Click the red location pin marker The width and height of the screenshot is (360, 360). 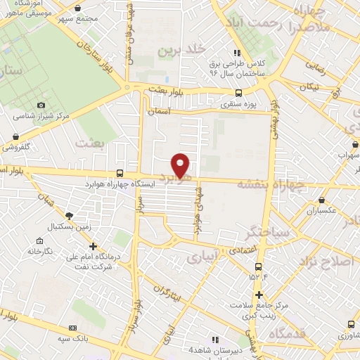point(182,165)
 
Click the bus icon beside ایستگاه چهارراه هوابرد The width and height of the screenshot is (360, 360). point(120,174)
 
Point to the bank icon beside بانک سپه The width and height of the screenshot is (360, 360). point(72,328)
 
